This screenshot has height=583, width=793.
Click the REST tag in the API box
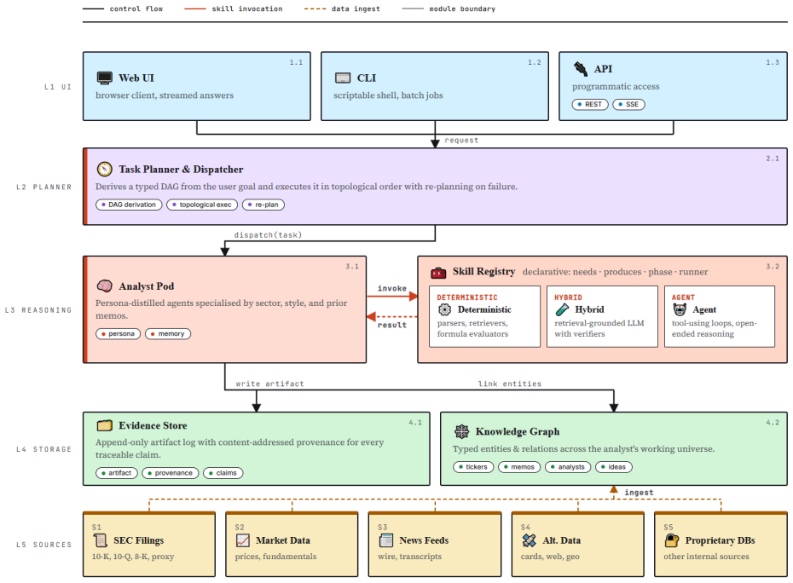point(590,104)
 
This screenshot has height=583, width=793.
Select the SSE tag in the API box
point(628,104)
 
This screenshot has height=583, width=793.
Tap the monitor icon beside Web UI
point(104,78)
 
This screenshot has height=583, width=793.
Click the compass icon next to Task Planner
point(104,169)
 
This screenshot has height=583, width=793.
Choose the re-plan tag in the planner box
point(263,205)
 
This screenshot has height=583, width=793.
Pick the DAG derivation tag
point(129,205)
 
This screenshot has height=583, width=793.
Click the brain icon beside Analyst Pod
point(104,286)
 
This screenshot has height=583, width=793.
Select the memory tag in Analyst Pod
point(168,334)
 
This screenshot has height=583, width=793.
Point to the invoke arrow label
point(392,288)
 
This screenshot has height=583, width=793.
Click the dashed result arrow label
point(392,325)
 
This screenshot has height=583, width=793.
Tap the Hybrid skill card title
point(589,309)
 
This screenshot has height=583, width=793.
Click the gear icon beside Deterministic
point(444,309)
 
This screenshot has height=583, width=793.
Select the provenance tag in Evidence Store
point(171,473)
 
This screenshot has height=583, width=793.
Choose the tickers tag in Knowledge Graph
point(473,467)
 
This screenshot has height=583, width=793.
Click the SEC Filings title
point(139,540)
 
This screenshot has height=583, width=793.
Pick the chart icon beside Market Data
point(243,540)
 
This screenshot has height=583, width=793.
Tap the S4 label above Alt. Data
point(525,527)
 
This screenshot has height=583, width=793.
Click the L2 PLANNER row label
point(44,187)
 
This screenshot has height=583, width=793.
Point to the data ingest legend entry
point(342,9)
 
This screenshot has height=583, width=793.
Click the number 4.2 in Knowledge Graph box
point(773,422)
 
